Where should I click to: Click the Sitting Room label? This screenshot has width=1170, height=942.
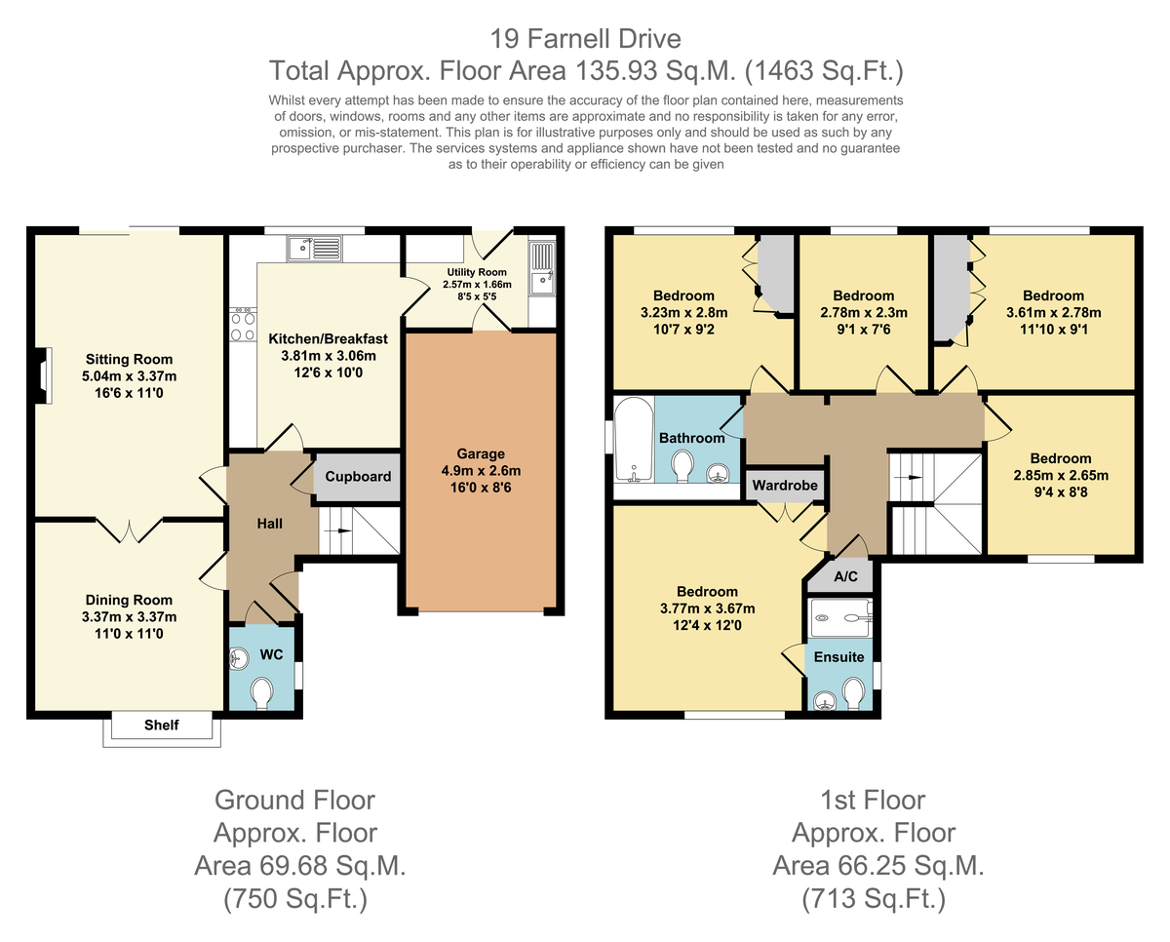(130, 360)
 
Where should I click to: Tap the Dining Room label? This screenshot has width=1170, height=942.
(129, 600)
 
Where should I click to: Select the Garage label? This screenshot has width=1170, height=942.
(481, 453)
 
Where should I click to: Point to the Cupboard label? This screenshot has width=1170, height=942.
(358, 477)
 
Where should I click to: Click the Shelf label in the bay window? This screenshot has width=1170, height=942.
(162, 725)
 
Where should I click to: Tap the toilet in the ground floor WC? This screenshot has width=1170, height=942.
(262, 693)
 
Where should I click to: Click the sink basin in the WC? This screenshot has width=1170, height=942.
(239, 659)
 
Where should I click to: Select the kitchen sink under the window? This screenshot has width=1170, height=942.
(315, 249)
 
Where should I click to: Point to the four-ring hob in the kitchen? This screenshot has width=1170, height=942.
(243, 325)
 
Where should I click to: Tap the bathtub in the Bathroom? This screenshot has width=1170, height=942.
(634, 439)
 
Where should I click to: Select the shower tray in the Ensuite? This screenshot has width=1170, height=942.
(840, 618)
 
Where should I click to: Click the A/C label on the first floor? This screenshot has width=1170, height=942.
(845, 576)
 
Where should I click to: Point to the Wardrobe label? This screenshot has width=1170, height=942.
(785, 486)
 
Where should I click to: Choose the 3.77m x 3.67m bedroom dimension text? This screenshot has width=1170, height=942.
(707, 608)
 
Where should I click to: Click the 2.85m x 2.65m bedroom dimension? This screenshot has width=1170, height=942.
(1061, 475)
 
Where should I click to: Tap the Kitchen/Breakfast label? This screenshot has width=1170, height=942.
(329, 338)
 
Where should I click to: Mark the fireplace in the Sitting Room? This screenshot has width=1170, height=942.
(43, 375)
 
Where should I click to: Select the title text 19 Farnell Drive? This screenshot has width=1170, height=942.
(586, 39)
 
